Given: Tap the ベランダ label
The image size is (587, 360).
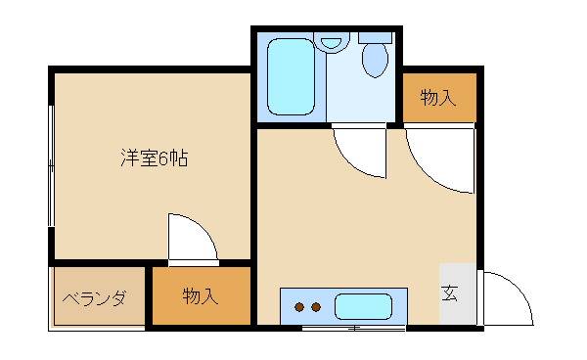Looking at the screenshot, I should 95,298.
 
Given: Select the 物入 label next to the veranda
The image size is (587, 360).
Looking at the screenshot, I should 201,297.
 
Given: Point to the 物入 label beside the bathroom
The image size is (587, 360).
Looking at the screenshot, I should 438,98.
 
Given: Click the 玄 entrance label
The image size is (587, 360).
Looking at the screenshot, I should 449,293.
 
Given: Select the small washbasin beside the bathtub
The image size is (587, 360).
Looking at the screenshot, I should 333,43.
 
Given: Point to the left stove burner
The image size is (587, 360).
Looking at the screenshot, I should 299,307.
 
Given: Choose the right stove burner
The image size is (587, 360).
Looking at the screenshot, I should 316,307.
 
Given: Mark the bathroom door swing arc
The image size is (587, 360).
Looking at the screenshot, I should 359,153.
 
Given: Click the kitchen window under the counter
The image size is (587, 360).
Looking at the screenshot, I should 342,328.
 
